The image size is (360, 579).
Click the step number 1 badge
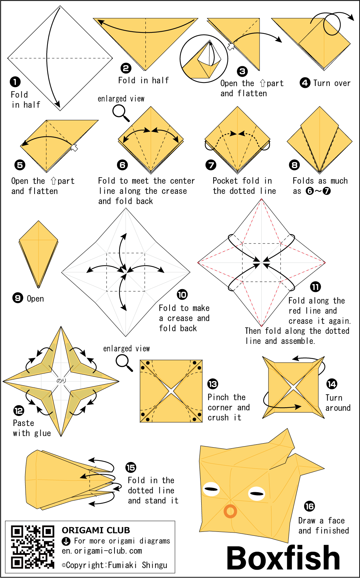click(15, 82)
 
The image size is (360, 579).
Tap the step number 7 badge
click(211, 165)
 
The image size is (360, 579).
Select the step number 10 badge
click(182, 295)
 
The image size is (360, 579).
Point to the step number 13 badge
click(213, 384)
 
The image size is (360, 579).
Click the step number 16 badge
click(309, 506)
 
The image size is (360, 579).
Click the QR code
click(32, 547)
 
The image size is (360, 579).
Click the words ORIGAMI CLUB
click(96, 530)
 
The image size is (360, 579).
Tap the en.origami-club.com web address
click(102, 551)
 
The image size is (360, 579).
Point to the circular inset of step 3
click(204, 59)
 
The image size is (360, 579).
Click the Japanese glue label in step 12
click(61, 381)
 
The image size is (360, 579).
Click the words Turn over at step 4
click(332, 83)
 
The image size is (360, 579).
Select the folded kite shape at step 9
click(39, 254)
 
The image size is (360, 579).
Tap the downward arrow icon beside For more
click(66, 541)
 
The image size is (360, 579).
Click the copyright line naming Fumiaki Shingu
click(114, 565)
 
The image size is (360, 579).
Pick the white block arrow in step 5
click(75, 148)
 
